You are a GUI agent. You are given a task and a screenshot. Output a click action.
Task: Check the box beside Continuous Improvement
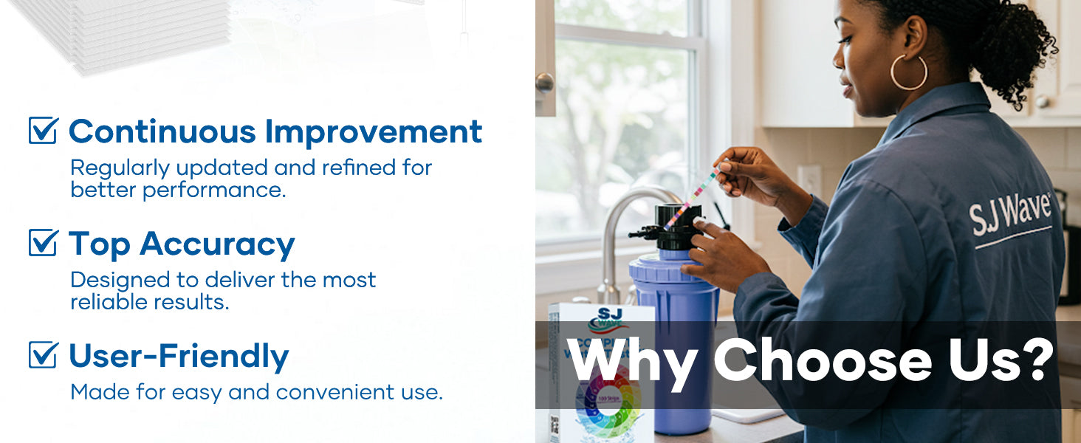tap(44, 130)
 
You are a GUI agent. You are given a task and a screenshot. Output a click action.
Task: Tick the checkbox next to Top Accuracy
tap(44, 242)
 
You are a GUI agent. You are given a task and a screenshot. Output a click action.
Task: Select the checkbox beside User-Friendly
tap(44, 354)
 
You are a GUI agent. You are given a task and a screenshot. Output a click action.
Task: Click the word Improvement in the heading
tap(374, 131)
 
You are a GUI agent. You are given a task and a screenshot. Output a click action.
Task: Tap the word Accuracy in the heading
tap(217, 244)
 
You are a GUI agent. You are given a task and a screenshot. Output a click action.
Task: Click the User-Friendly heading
tap(179, 356)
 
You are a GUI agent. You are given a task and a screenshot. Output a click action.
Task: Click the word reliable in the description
tap(109, 302)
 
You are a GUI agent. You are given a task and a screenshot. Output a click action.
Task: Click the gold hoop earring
tap(909, 72)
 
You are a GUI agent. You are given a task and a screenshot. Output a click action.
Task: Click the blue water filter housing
tap(675, 338)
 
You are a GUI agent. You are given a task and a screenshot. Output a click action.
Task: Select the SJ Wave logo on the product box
tap(607, 320)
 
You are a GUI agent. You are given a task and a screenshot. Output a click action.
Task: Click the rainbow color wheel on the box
tap(608, 402)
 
